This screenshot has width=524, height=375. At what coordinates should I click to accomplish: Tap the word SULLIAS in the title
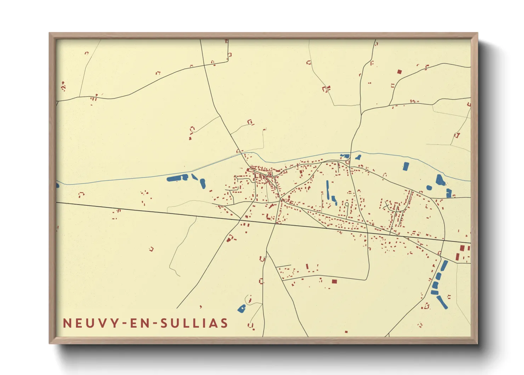pyautogui.click(x=194, y=323)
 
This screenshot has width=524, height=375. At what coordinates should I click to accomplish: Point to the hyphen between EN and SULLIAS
pyautogui.click(x=154, y=324)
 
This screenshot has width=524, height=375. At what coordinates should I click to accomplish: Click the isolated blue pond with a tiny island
pyautogui.click(x=242, y=309)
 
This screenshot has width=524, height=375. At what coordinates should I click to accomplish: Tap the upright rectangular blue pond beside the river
pyautogui.click(x=406, y=166)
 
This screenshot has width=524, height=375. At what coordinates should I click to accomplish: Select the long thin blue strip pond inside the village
pyautogui.click(x=328, y=190)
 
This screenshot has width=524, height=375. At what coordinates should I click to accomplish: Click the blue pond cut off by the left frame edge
pyautogui.click(x=57, y=185)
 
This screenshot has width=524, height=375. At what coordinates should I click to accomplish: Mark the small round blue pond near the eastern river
pyautogui.click(x=429, y=187)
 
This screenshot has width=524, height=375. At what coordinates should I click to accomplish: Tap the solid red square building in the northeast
pyautogui.click(x=399, y=72)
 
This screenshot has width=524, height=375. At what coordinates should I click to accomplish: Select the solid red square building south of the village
pyautogui.click(x=334, y=281)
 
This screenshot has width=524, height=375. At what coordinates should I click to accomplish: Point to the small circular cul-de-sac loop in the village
pyautogui.click(x=347, y=204)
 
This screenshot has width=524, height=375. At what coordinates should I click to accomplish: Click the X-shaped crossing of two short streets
pyautogui.click(x=387, y=203)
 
